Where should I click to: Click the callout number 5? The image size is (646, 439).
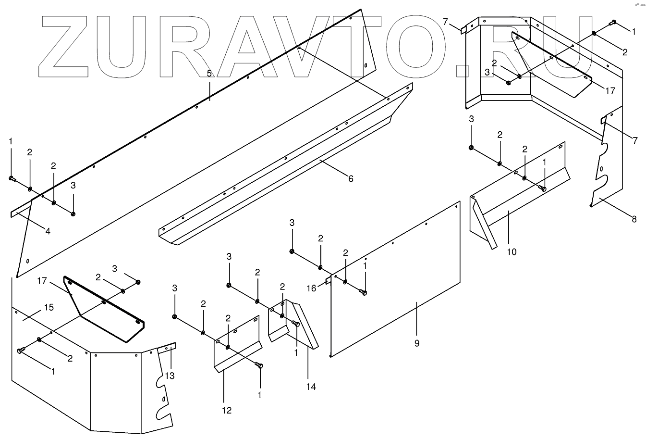pos(209,74)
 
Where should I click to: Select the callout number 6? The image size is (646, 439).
pos(351,179)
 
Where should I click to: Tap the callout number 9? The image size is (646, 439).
pos(417,343)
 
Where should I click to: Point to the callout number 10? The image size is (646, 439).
pos(512,251)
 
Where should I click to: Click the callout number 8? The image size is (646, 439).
pos(634,219)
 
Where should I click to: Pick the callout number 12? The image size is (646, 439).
pos(227,410)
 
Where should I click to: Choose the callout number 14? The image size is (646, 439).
pos(311,386)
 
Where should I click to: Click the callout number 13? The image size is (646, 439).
pos(170,376)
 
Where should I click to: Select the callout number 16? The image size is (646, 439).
pos(312,288)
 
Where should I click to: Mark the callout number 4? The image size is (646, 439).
pos(48,231)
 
